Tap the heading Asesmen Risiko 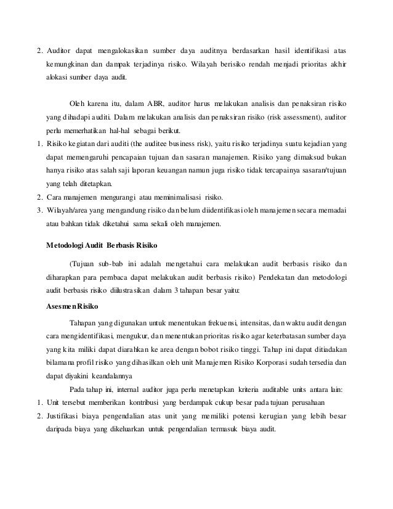[73, 306]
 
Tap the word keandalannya [117, 375]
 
